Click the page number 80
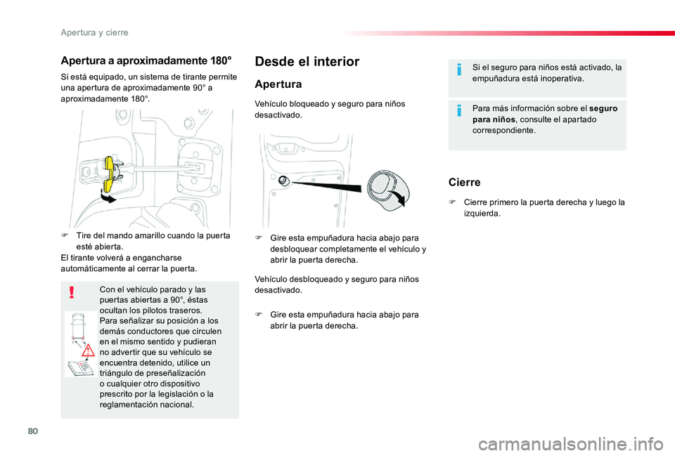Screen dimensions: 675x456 pos(33,431)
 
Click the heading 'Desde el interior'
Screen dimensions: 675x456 pos(307,62)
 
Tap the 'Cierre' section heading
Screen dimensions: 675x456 pos(464,183)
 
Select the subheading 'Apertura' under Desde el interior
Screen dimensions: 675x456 pos(278,84)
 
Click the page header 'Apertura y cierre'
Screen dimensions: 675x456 pos(94,33)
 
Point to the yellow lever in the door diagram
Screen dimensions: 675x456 pos(110,173)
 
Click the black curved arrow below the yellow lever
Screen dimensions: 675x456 pos(108,197)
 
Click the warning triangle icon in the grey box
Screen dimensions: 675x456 pos(88,350)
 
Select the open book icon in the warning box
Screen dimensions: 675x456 pos(79,367)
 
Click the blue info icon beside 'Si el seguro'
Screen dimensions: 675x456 pos(459,70)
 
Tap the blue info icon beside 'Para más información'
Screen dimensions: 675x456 pos(459,110)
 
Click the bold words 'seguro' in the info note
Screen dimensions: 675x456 pos(603,108)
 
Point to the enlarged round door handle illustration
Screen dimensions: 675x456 pos(387,190)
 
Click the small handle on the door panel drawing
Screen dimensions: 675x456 pos(283,181)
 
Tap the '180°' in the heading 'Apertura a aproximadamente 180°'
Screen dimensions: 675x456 pos(221,60)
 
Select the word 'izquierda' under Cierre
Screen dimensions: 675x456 pos(481,214)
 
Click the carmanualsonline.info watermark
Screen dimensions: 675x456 pos(571,444)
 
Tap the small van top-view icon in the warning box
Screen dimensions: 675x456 pos(78,325)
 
